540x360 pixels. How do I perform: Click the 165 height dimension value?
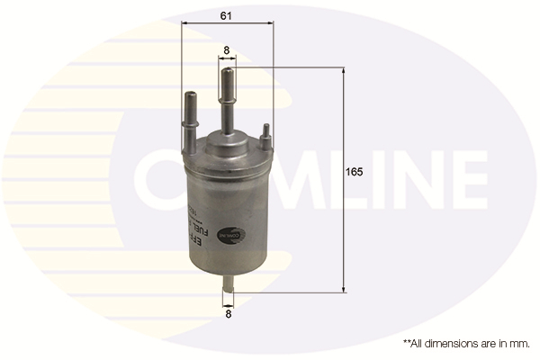tap(355, 171)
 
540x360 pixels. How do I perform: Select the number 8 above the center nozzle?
tap(227, 50)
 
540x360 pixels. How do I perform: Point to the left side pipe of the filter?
tap(191, 121)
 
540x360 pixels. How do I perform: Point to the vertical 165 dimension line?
tap(344, 225)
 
